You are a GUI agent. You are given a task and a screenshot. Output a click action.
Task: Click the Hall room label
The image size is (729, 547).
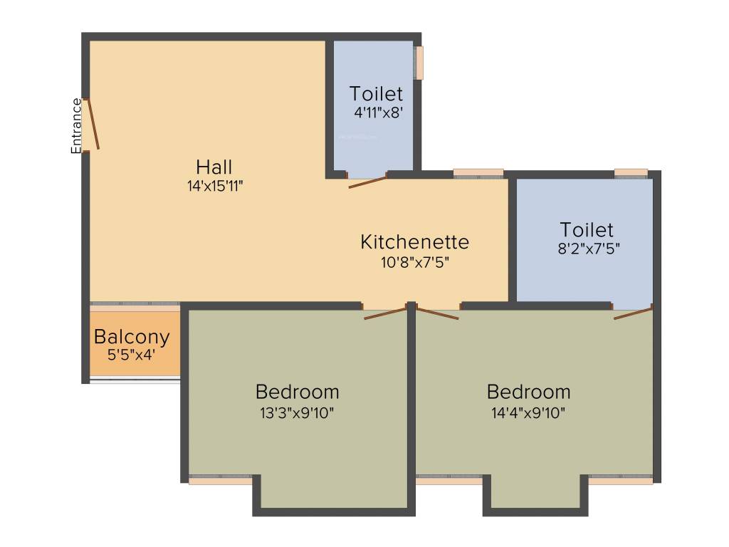click(214, 167)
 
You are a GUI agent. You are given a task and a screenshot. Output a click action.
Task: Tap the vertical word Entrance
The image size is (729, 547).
click(76, 125)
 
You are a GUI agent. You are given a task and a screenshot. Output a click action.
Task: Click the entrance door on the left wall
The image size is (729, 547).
click(90, 125)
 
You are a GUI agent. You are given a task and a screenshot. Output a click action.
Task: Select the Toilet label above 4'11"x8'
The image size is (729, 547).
click(376, 93)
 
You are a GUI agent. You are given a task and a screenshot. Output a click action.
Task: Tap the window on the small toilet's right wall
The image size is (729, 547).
click(420, 63)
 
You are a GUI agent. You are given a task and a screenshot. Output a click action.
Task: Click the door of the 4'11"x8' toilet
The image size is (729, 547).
click(367, 180)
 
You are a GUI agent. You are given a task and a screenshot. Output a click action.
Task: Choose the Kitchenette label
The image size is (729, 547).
click(414, 241)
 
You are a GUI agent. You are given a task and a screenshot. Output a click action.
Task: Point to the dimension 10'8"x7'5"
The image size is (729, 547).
click(414, 261)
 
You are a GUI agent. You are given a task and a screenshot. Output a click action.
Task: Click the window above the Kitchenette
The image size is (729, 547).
click(478, 172)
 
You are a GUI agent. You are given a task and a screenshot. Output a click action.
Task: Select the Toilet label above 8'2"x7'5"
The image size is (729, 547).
click(587, 230)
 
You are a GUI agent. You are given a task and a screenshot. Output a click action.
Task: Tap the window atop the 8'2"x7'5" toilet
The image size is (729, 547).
click(631, 172)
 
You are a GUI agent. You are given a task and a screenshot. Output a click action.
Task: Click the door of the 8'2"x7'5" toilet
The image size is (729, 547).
click(633, 313)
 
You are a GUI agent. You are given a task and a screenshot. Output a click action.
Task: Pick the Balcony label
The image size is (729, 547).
click(132, 337)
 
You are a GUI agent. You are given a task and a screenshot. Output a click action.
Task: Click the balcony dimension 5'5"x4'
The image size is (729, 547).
click(131, 355)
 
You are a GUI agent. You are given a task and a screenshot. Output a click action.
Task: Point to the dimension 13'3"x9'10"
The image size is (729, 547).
click(297, 411)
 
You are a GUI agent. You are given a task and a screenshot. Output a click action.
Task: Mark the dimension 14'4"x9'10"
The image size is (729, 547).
click(528, 411)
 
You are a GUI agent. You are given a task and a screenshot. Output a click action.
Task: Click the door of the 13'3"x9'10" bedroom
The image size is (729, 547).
click(385, 313)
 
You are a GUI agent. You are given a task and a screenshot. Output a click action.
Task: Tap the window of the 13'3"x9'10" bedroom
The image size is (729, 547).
click(221, 480)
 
